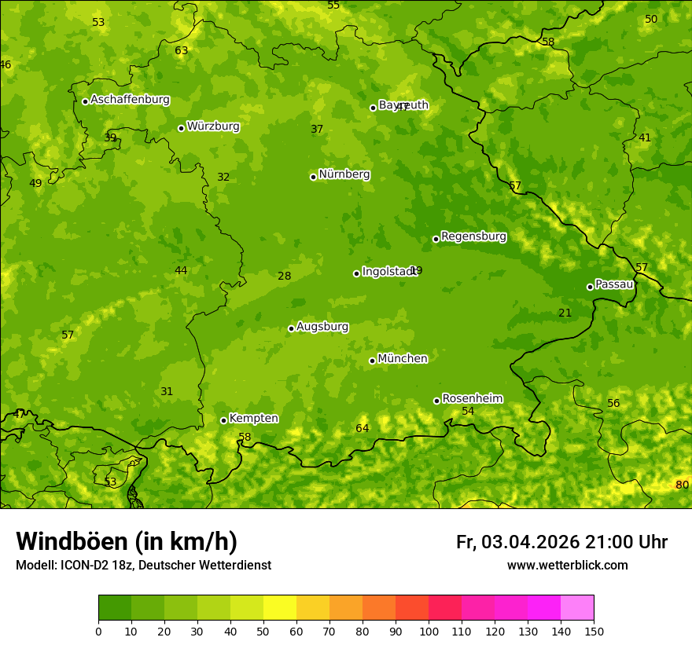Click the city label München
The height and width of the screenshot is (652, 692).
403,359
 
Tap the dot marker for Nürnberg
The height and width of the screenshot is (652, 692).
313,177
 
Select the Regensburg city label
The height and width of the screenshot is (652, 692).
473,236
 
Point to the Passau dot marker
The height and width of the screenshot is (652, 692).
590,287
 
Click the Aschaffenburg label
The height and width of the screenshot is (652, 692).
130,100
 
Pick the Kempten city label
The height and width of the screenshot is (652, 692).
253,419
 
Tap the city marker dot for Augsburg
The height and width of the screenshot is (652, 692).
291,328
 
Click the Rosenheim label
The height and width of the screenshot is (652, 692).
472,399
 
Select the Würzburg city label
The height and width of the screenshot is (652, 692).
213,126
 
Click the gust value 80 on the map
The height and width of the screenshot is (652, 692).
682,485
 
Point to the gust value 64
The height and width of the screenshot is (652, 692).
362,428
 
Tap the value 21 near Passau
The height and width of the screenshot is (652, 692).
565,313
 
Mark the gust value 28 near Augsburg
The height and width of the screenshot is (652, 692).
284,276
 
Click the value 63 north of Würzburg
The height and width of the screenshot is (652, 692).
181,50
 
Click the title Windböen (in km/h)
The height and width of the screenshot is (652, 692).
127,541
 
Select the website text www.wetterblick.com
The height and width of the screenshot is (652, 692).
567,566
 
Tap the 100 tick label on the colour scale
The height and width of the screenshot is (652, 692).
429,631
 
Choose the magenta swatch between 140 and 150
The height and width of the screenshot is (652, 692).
577,608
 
